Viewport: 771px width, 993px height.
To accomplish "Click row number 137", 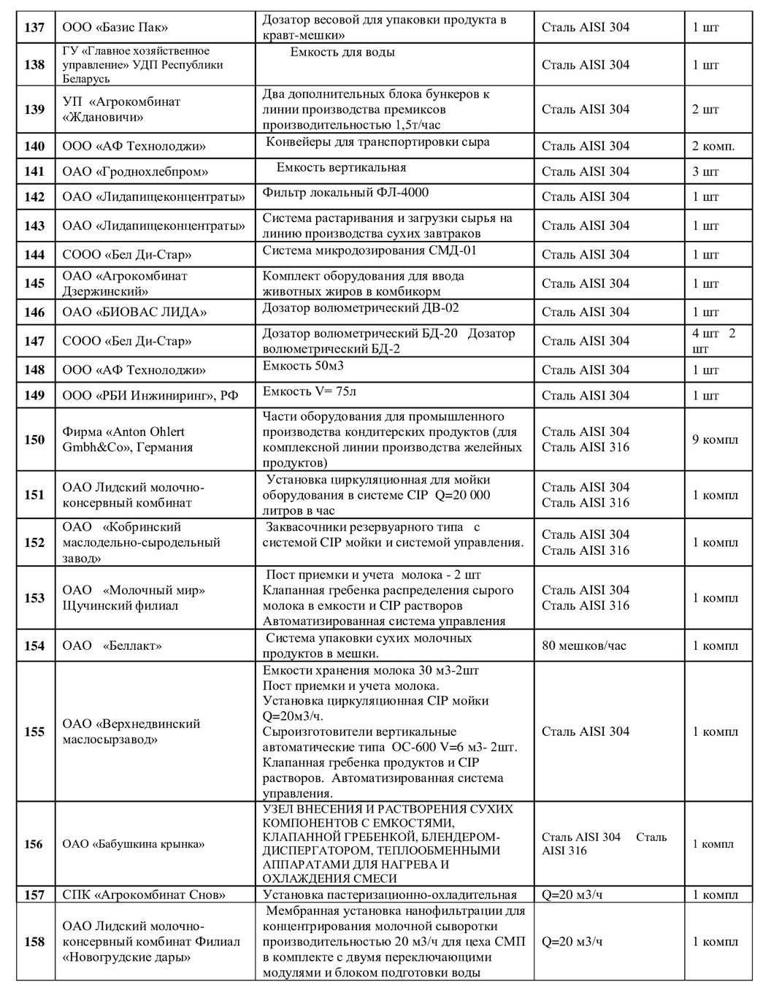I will click(34, 28).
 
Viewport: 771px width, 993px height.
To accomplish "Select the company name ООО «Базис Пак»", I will click(115, 28).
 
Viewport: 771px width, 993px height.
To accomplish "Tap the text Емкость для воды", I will click(342, 53).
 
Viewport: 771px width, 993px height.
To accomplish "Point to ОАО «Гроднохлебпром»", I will click(135, 172).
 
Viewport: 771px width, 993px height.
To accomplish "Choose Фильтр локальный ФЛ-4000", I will click(345, 193).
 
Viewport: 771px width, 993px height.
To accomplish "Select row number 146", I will click(34, 313).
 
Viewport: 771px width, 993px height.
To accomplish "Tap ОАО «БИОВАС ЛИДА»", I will click(134, 313).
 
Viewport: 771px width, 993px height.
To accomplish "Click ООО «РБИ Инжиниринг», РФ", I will click(150, 396).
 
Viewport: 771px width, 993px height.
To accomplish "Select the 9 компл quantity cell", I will click(715, 440).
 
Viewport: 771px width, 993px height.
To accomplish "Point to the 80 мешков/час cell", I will click(584, 645).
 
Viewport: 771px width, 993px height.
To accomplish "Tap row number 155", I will click(34, 732).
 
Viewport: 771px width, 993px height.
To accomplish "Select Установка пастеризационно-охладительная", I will click(389, 895).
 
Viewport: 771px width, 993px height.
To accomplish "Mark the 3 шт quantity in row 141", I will click(705, 172).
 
